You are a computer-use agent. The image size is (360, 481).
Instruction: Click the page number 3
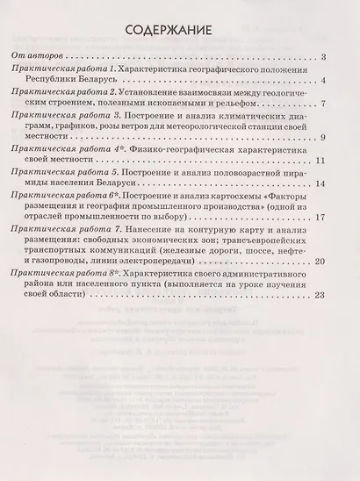(x=324, y=58)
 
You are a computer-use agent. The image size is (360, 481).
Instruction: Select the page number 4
(x=324, y=81)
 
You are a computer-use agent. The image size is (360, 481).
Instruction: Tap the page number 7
(x=324, y=104)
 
